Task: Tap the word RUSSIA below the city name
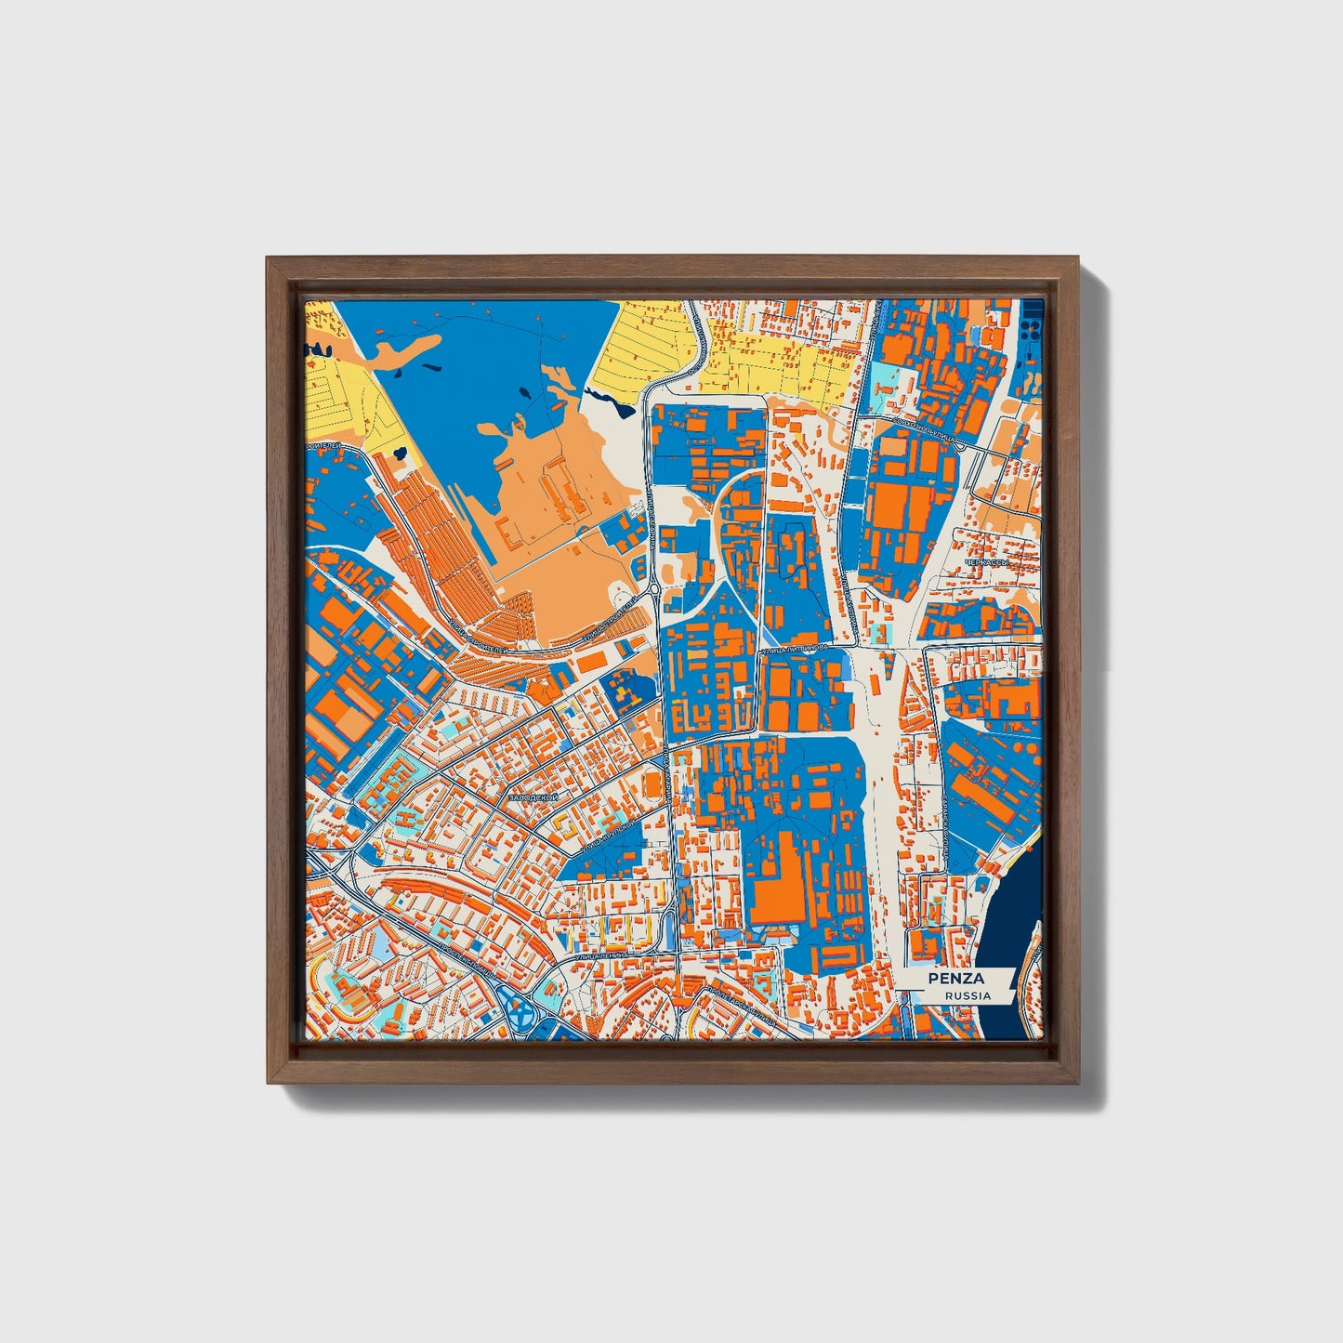pyautogui.click(x=967, y=995)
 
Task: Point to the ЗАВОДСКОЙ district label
pyautogui.click(x=533, y=797)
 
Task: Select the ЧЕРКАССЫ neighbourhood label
pyautogui.click(x=987, y=563)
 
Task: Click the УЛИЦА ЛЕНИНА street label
pyautogui.click(x=601, y=955)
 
